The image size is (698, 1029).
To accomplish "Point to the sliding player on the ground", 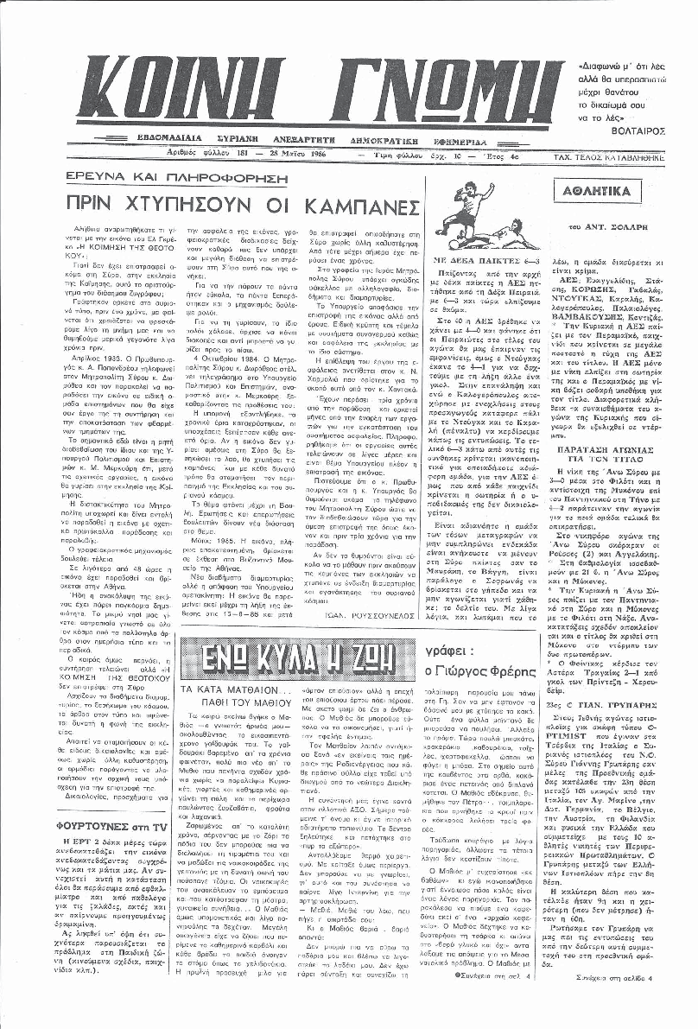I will pos(493,237).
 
